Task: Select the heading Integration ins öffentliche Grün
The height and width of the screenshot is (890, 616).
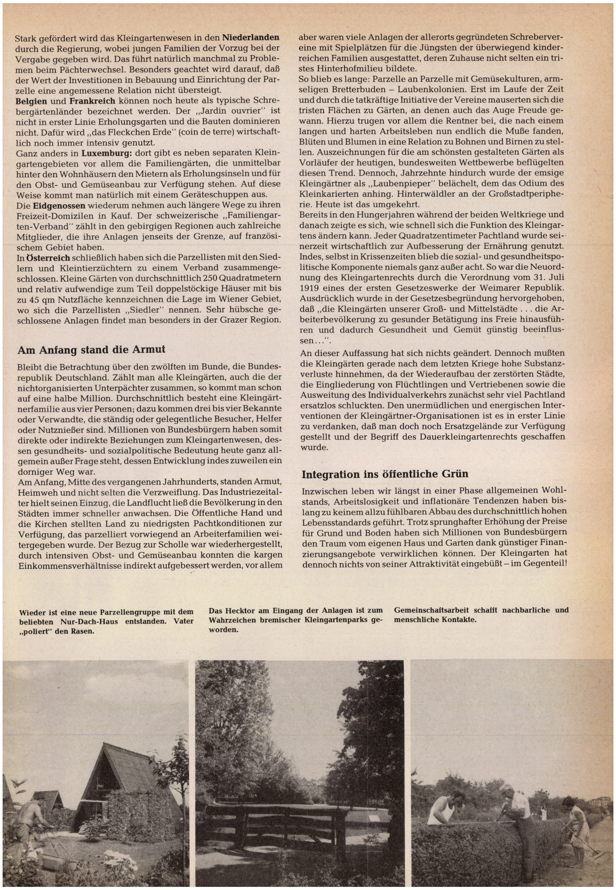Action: click(x=385, y=474)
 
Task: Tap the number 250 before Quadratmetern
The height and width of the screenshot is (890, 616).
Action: click(x=198, y=278)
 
